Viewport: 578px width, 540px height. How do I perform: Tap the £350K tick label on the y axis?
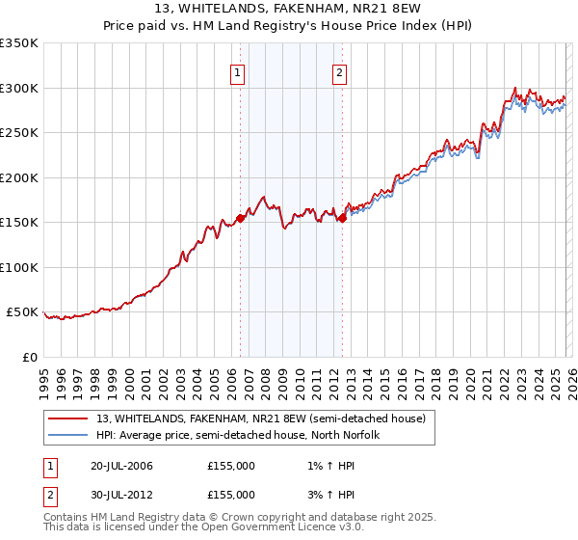pos(19,43)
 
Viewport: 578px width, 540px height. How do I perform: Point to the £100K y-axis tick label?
pos(19,267)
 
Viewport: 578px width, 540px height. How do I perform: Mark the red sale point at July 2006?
pos(240,218)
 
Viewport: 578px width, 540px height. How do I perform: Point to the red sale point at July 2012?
pos(342,218)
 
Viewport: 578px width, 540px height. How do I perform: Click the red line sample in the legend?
pos(68,418)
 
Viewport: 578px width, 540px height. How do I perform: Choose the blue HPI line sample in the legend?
pos(68,435)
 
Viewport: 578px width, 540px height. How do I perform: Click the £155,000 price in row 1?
pos(231,466)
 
